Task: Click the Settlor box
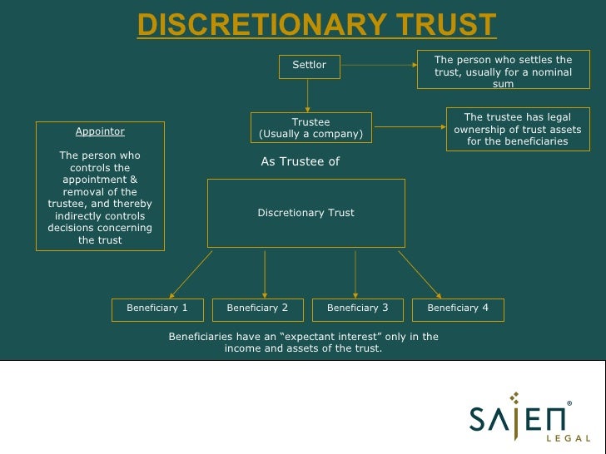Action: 309,66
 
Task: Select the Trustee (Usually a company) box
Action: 310,128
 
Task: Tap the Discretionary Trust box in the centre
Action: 305,213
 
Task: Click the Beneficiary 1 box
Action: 157,308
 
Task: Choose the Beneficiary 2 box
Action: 257,308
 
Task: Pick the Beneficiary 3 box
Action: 357,308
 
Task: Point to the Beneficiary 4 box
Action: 458,308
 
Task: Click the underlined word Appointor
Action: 100,131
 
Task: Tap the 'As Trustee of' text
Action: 301,162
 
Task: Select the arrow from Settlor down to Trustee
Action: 307,95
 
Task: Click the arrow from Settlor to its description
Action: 378,65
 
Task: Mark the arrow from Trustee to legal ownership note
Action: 408,127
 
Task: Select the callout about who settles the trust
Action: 503,72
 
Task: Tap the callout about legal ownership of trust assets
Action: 515,130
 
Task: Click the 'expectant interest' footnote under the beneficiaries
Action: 303,342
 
